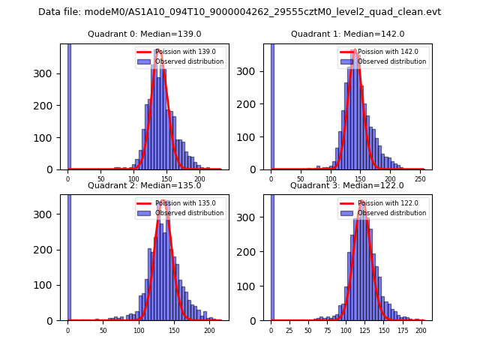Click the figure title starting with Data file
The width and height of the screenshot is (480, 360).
pos(239,12)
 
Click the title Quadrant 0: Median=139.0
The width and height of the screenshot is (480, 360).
pos(144,34)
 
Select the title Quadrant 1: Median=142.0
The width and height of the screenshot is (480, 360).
pos(347,34)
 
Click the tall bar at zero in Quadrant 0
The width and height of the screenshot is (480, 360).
pos(69,105)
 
